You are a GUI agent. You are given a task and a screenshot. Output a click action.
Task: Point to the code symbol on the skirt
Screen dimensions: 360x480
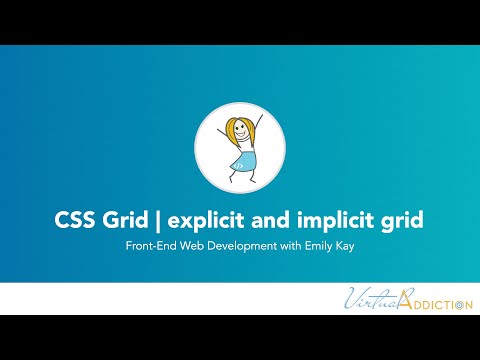pos(244,160)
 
